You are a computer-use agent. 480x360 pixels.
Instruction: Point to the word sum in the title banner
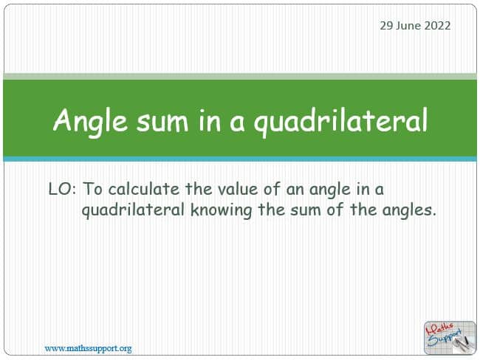tap(162, 122)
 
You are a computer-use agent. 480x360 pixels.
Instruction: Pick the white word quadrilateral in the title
tap(340, 122)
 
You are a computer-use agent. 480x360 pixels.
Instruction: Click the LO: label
tap(62, 189)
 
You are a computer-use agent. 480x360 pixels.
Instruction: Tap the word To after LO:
tap(93, 189)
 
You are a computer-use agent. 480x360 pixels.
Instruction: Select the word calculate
tap(144, 189)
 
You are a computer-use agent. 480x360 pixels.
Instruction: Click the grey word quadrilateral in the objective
tap(133, 211)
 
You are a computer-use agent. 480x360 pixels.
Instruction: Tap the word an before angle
tap(295, 190)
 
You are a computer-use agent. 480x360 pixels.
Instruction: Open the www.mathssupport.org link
tap(88, 348)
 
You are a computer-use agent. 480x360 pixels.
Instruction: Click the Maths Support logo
tap(450, 338)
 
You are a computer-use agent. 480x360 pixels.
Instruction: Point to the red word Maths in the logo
tap(441, 328)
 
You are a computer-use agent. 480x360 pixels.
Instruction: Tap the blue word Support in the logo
tap(445, 337)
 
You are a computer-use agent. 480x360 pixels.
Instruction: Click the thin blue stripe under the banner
tap(240, 159)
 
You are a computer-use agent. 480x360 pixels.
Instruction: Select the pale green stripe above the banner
tap(240, 77)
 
